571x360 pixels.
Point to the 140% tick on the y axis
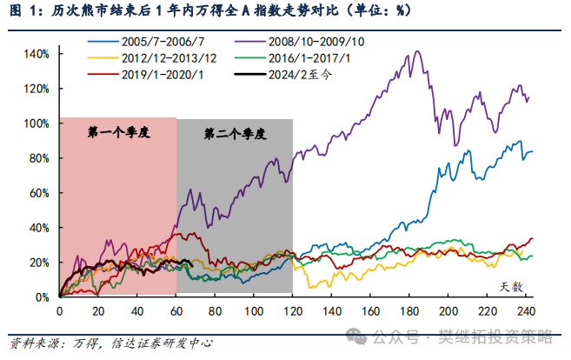(37, 54)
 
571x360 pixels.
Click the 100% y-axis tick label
(37, 123)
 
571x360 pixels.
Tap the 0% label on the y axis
(42, 297)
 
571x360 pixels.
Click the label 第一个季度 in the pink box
(119, 133)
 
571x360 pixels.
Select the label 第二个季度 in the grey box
(235, 135)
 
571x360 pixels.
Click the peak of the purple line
(418, 50)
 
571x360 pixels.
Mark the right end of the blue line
(533, 151)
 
